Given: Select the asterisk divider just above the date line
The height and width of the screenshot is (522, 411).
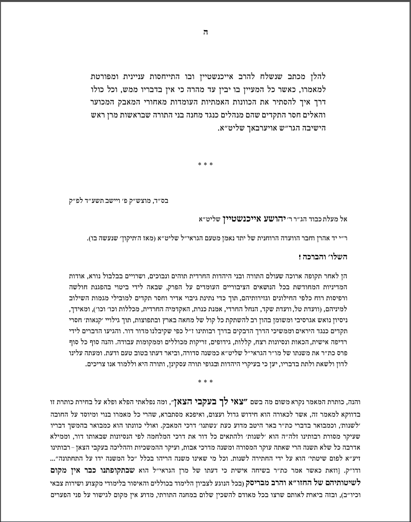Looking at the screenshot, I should coord(205,164).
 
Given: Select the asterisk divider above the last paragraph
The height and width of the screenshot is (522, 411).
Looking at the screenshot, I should coord(205,382).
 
